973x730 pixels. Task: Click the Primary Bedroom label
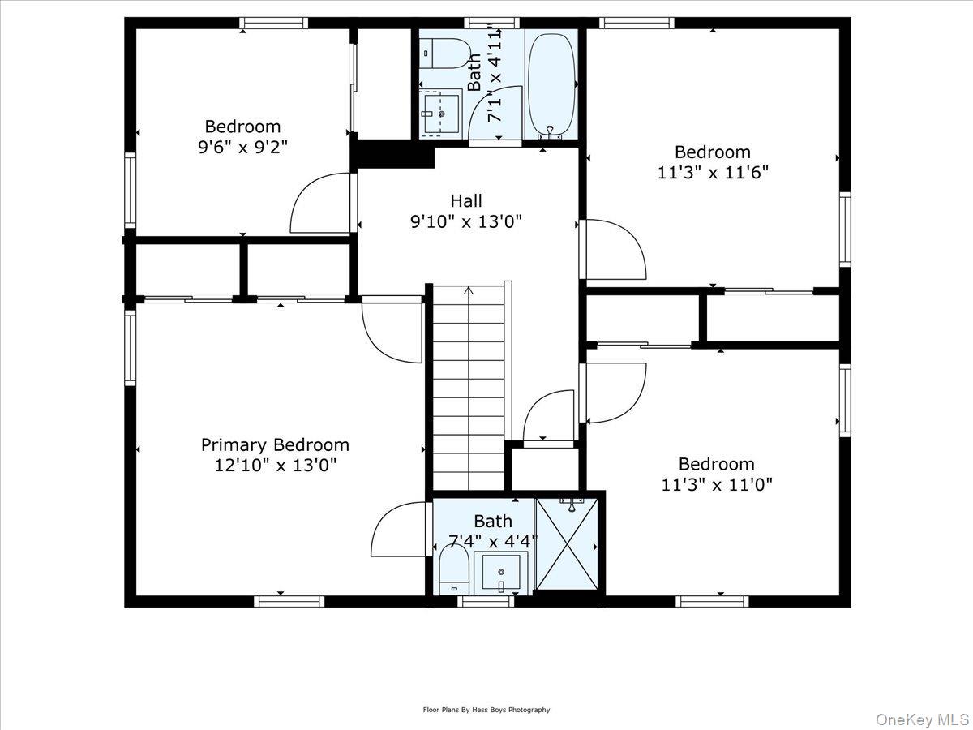tap(275, 444)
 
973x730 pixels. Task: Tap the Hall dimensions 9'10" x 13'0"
tap(465, 221)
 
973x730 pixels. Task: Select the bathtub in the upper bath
tap(551, 85)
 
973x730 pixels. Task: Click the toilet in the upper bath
tap(444, 53)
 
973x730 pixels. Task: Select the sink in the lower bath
tap(501, 572)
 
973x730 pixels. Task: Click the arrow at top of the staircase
tap(468, 290)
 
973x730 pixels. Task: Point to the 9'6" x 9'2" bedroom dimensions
tap(242, 147)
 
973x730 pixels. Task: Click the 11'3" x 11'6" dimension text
tap(713, 172)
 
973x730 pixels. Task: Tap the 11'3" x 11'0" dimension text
tap(717, 484)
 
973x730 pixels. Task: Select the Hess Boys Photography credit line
tap(486, 710)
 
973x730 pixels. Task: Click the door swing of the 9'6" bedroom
tap(320, 203)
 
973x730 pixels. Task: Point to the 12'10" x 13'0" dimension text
tap(275, 466)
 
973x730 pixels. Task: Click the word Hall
tap(465, 200)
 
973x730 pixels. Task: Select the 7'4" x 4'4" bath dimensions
tap(493, 540)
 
